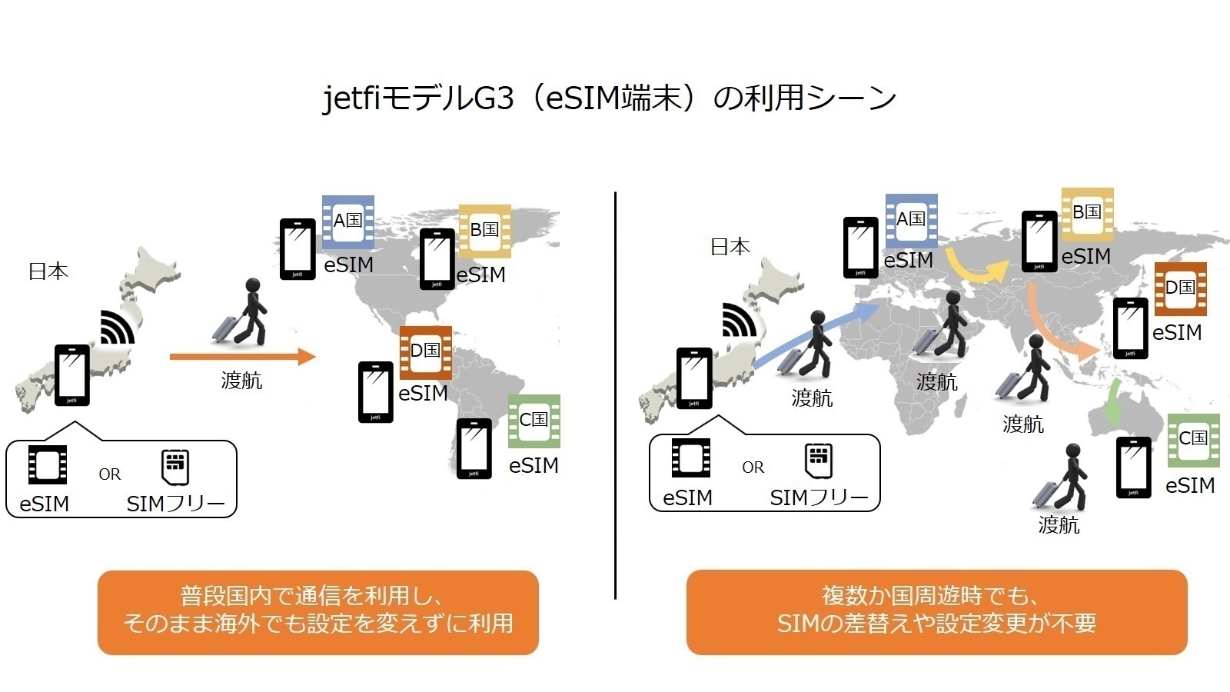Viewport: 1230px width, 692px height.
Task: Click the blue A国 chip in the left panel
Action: click(x=348, y=222)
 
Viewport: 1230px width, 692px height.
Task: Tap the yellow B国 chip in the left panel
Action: click(x=485, y=231)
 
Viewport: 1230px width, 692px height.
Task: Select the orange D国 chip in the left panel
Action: click(x=426, y=353)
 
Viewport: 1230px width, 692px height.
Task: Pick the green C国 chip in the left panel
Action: click(x=534, y=421)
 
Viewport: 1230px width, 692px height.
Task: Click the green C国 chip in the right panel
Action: click(x=1194, y=441)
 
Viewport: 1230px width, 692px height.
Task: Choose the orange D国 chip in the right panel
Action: click(x=1181, y=289)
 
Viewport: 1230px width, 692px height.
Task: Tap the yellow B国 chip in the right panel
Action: click(x=1088, y=215)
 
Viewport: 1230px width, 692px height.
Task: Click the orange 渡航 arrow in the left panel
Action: click(x=243, y=357)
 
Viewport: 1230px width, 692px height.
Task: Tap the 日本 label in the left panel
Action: click(x=48, y=271)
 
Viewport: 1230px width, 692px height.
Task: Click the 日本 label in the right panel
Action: click(x=730, y=247)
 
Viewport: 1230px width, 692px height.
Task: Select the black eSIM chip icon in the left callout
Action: click(x=48, y=464)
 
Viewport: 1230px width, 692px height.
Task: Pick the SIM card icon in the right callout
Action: click(x=818, y=461)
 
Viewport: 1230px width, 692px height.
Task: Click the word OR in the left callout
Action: click(x=109, y=474)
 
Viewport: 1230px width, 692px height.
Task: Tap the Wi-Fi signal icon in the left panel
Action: click(x=117, y=328)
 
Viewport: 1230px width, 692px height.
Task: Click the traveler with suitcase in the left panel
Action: click(x=241, y=312)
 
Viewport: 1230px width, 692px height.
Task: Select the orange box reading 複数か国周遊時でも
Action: click(x=937, y=612)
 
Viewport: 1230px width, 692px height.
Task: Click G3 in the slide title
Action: click(x=494, y=98)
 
